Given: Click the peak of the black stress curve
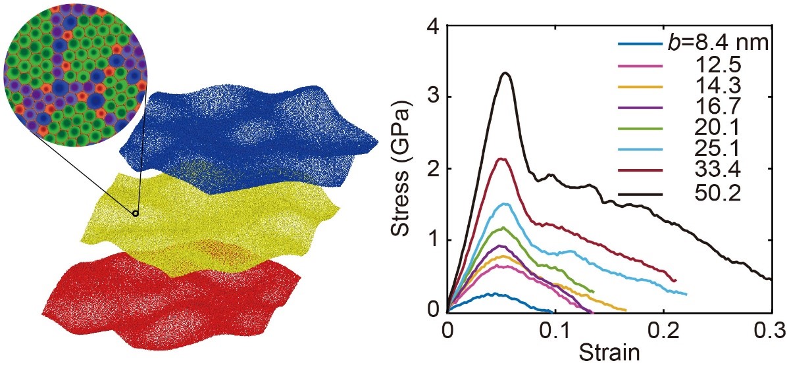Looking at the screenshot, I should pos(505,73).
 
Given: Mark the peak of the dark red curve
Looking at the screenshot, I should pos(503,158).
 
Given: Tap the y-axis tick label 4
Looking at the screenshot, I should pos(432,27).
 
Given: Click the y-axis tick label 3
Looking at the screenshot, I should pos(432,97).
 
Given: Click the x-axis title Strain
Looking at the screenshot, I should pos(608,351).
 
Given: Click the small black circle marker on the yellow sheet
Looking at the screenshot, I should pos(136,213).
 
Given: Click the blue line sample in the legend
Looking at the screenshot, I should pos(639,45).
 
